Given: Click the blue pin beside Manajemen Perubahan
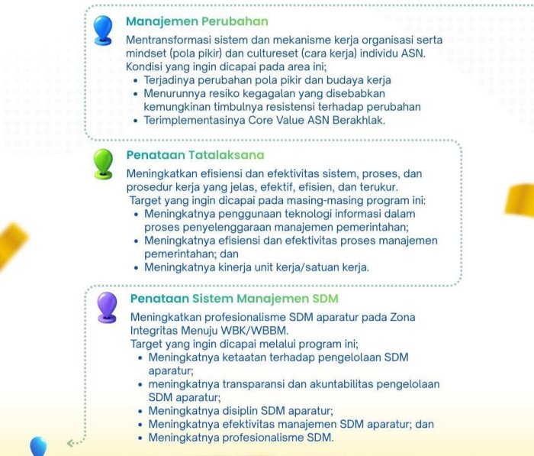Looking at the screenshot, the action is tap(103, 30).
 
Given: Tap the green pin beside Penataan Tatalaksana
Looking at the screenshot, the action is tap(103, 163).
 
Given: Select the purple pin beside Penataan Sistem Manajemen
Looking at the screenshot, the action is tap(107, 307).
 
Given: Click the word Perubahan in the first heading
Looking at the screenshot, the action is tap(235, 21).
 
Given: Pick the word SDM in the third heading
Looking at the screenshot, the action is tap(325, 299).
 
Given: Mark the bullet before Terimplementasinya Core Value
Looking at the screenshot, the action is tap(136, 121).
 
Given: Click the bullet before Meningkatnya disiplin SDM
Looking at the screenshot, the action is tap(140, 412).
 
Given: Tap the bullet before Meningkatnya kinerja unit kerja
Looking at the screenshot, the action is tap(137, 268).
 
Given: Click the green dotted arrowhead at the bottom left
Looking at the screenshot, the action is tap(70, 443).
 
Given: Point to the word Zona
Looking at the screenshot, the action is tap(403, 318).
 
